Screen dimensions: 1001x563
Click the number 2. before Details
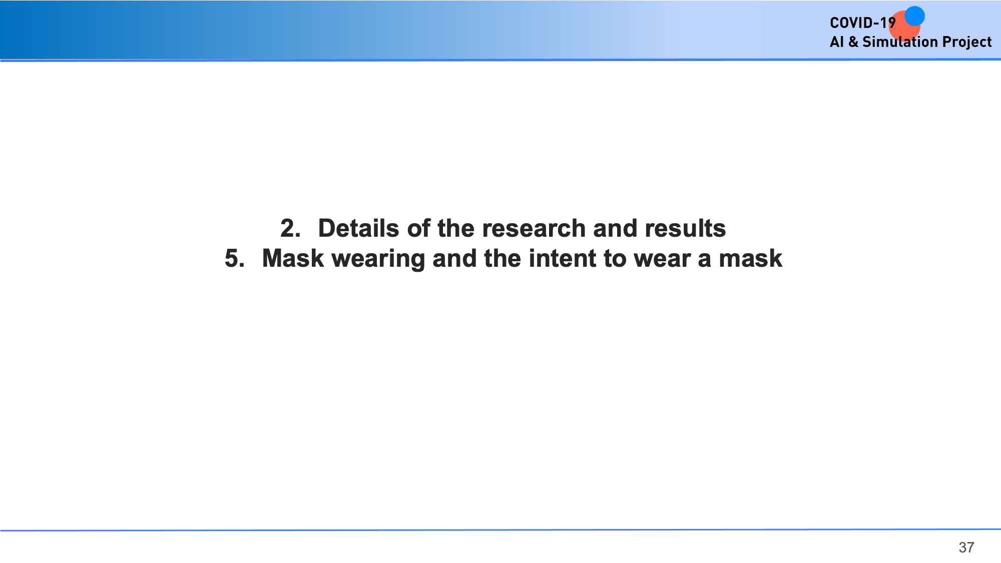coord(290,228)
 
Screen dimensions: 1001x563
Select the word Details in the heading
coord(359,228)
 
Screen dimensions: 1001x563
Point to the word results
coord(685,228)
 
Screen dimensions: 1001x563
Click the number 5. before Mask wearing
coord(235,258)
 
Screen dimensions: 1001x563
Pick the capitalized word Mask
coord(293,258)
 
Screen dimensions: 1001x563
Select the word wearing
coord(378,259)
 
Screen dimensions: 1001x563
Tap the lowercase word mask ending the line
coord(750,258)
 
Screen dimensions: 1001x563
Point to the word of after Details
coord(418,228)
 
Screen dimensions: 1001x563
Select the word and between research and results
coord(615,228)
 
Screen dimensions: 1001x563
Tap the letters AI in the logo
coord(837,42)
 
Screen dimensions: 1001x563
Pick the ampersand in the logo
coord(853,42)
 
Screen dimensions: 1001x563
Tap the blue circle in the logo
coord(914,16)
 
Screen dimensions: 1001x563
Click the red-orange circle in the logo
coord(904,26)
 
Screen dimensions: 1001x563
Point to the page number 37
coord(966,547)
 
